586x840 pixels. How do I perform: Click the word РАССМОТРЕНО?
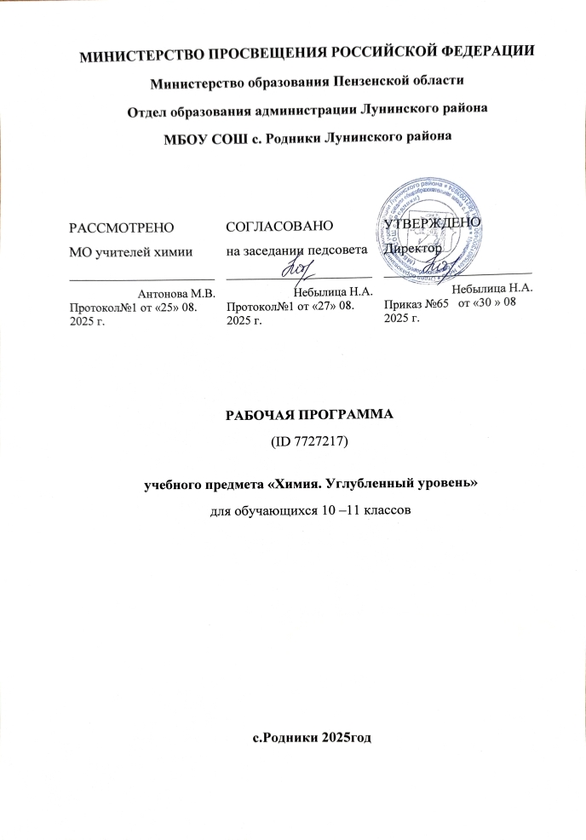tap(122, 227)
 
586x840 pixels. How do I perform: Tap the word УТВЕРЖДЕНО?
tap(433, 223)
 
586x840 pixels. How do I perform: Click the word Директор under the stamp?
tap(413, 249)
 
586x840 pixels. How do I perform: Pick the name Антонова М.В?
tap(175, 291)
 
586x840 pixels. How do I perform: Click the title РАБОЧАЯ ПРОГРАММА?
tap(292, 417)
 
